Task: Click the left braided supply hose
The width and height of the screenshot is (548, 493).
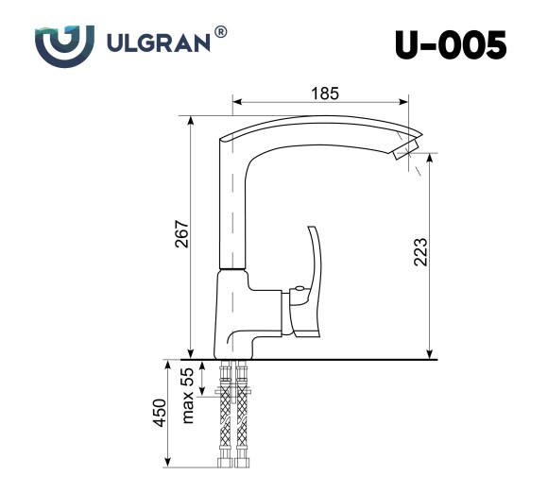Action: [226, 425]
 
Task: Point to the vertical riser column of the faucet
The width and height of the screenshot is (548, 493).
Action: [231, 208]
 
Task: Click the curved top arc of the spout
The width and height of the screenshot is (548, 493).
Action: [321, 124]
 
